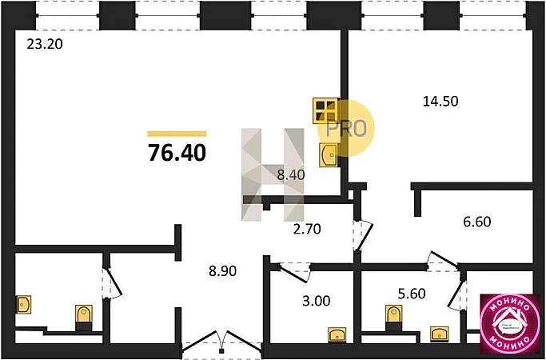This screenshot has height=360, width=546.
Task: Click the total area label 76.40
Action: (x=177, y=152)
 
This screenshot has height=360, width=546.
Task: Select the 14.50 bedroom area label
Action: (x=441, y=102)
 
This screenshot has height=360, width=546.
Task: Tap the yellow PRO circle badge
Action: (x=346, y=127)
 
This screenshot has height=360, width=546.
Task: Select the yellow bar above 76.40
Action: (x=177, y=133)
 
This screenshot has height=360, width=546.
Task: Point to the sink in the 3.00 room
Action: (x=335, y=334)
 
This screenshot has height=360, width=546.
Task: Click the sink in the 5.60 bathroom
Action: (x=438, y=333)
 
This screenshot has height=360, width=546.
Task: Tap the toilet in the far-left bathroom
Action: (x=82, y=318)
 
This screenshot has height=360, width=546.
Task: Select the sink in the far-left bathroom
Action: (x=23, y=305)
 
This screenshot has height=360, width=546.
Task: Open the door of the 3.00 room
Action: (x=295, y=270)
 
